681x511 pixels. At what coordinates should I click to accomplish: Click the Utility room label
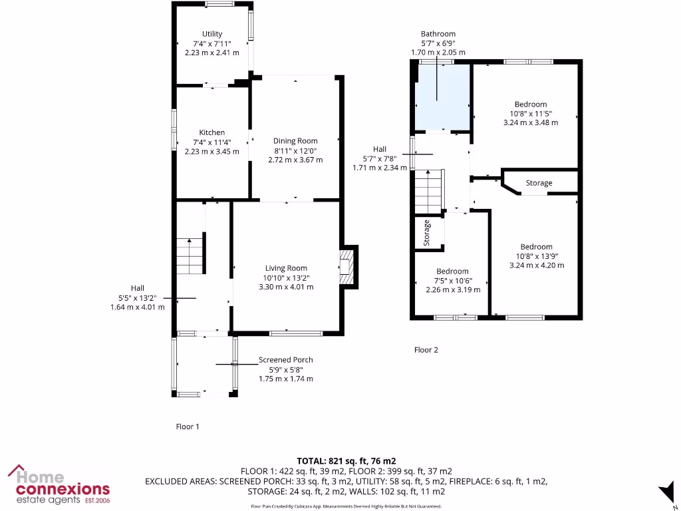tap(212, 34)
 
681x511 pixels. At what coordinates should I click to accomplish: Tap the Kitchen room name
tap(212, 132)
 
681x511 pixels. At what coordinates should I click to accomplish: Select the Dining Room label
tap(295, 140)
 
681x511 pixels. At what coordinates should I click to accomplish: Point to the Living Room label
tap(286, 268)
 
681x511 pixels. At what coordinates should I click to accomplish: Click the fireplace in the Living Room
tap(347, 267)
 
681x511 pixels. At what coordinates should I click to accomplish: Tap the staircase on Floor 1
tap(190, 256)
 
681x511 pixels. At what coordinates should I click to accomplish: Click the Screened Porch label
tap(285, 360)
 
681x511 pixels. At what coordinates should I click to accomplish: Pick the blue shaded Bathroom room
tap(442, 96)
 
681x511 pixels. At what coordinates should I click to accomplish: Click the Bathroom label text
tap(438, 34)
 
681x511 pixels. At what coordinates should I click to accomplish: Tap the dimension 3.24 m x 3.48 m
tap(531, 122)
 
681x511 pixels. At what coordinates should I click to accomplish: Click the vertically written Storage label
tap(427, 233)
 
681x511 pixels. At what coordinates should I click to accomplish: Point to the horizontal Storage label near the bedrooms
tap(539, 183)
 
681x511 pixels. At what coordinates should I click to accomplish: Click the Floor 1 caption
tap(188, 426)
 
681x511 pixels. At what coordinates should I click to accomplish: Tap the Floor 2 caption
tap(426, 349)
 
